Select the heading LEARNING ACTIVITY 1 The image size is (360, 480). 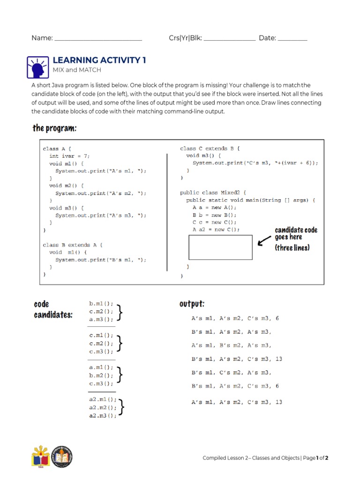click(99, 60)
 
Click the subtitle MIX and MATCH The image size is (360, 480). click(77, 70)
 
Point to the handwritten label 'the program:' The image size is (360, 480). click(54, 128)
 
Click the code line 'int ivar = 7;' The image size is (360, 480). click(69, 156)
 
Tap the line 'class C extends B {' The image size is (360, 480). click(210, 149)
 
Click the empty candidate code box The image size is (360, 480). click(220, 247)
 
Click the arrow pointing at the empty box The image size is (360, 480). click(264, 240)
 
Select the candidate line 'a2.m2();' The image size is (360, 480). click(102, 408)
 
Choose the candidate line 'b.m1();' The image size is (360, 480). click(101, 303)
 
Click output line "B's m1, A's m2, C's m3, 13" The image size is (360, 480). click(237, 359)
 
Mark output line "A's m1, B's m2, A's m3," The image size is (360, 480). click(231, 345)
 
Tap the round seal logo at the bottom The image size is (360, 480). click(62, 457)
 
